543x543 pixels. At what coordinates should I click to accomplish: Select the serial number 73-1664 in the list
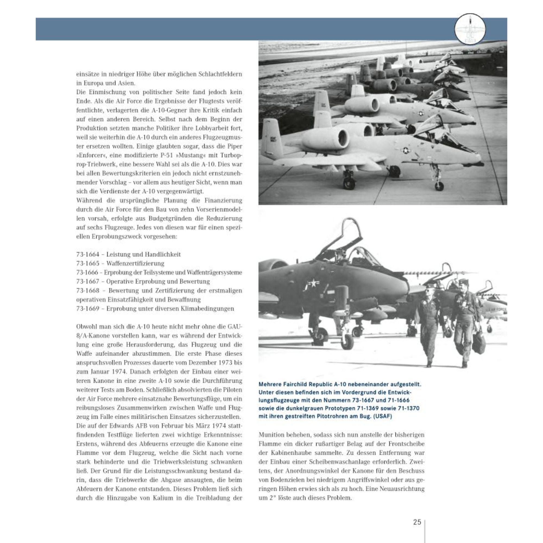coord(88,255)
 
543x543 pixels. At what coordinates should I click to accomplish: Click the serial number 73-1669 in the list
coord(88,309)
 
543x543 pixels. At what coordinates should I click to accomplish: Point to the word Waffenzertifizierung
coord(135,264)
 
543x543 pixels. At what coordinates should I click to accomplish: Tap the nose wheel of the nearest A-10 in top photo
coord(439,186)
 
